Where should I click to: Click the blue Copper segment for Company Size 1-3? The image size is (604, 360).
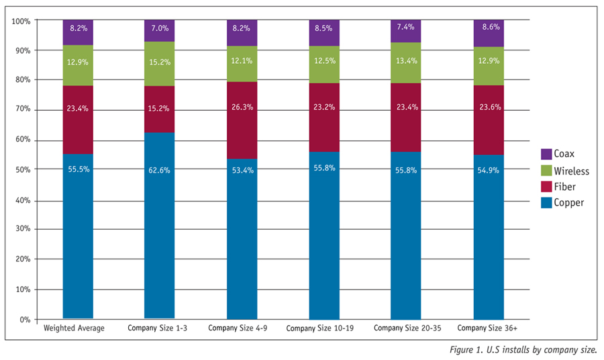[x=160, y=226]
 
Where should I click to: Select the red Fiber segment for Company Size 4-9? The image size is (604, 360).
[x=242, y=120]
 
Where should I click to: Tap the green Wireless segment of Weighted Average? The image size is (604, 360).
[x=78, y=65]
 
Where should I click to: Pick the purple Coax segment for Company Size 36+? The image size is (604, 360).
[x=489, y=33]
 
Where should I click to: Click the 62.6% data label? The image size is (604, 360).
[x=160, y=171]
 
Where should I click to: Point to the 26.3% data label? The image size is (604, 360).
[x=242, y=107]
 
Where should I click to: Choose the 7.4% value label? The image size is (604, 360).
[x=405, y=27]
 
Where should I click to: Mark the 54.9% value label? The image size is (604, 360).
[x=488, y=171]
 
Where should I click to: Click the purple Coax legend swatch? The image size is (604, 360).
[x=546, y=154]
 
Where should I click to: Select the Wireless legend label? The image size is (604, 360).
[x=572, y=171]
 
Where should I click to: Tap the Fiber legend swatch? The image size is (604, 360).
[x=546, y=187]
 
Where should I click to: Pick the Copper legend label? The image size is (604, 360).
[x=569, y=203]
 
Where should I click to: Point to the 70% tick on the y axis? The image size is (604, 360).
[x=23, y=109]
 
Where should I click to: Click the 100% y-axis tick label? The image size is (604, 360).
[x=21, y=21]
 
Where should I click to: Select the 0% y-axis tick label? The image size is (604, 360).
[x=25, y=320]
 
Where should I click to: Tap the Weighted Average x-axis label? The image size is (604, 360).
[x=74, y=328]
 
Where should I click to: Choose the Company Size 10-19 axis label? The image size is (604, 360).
[x=319, y=328]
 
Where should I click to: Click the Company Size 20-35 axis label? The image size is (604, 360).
[x=407, y=328]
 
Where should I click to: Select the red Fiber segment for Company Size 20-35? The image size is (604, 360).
[x=405, y=118]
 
